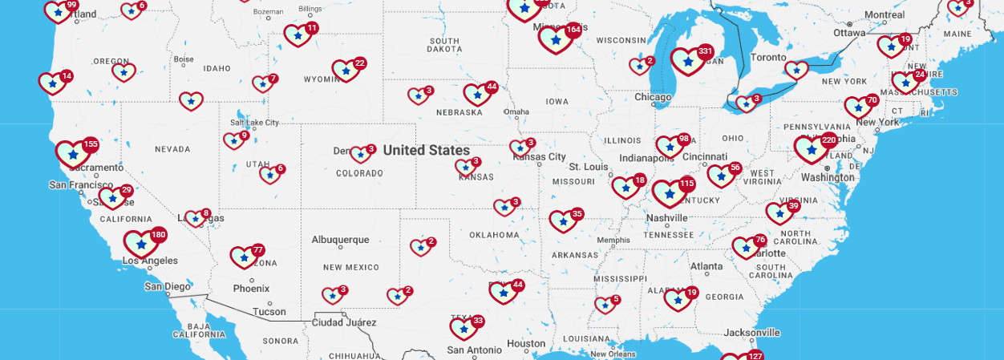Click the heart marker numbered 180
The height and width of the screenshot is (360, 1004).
pos(141,244)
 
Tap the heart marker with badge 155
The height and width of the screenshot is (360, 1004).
pos(73,153)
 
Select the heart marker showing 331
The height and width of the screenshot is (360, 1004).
pos(688,62)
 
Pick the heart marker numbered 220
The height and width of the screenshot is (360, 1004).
pos(812,149)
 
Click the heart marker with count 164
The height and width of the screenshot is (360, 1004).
pos(555,39)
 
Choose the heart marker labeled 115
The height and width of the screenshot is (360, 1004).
pos(669,193)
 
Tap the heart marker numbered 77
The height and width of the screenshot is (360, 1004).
pos(243,257)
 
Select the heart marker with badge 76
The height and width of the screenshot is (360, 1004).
pos(746,248)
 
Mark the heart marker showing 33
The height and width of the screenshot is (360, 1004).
pos(464,328)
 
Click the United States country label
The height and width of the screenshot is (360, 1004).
pos(427,150)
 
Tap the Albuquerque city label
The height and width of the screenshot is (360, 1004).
pos(340,239)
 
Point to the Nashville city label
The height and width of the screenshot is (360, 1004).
pos(667,217)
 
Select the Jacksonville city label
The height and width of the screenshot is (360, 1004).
pos(751,332)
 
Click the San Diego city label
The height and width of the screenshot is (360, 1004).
pos(168,286)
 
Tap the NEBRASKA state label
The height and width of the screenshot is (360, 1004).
pos(459,111)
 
